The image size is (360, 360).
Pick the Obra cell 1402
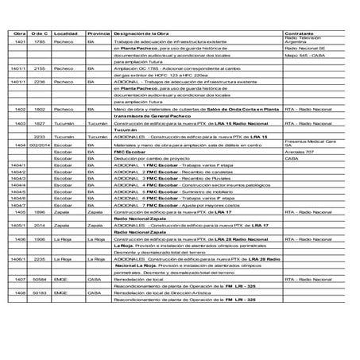coord(21,108)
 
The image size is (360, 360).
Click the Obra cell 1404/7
coord(21,205)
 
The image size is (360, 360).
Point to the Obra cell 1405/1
coord(21,225)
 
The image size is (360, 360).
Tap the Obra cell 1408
coord(21,292)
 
